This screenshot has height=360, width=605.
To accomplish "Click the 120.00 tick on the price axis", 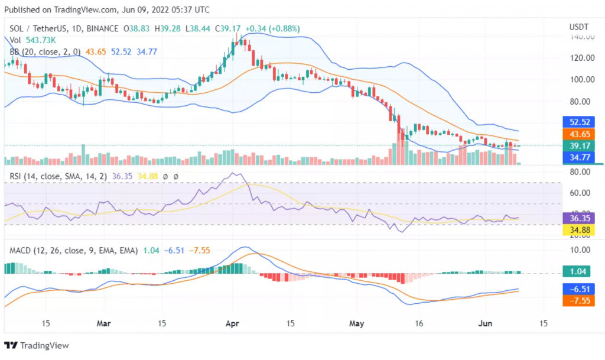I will tap(581, 58).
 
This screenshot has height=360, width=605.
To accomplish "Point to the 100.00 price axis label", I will tap(581, 79).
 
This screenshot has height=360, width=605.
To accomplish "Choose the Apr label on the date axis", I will tap(232, 324).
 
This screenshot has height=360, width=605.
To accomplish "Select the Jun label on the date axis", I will tap(484, 324).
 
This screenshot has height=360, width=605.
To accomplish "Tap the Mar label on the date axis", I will tap(104, 324).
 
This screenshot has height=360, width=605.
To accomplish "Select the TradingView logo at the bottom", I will tap(37, 345).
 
